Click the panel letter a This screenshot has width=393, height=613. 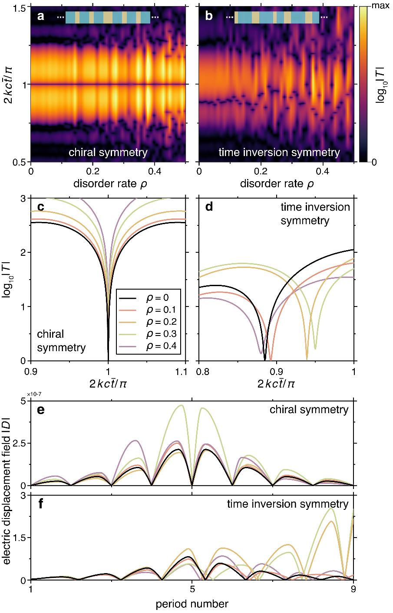pos(41,17)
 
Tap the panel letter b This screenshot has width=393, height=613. pos(209,17)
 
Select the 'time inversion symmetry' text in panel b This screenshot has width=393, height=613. pos(279,153)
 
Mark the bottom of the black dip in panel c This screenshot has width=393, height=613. pos(108,359)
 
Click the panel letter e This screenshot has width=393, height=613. pos(41,410)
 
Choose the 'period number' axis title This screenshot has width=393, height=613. pos(192,603)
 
